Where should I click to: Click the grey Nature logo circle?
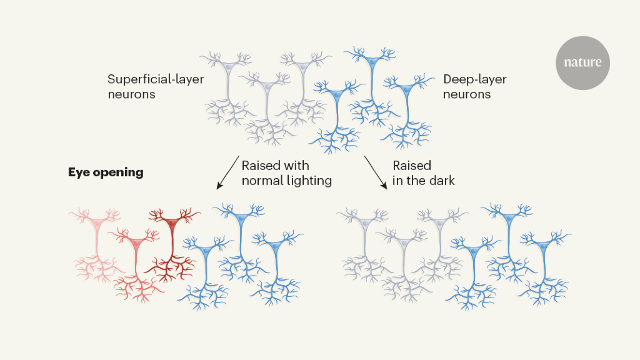click(582, 62)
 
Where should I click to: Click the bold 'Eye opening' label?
click(106, 172)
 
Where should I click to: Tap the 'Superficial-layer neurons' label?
click(155, 87)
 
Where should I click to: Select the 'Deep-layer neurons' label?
click(474, 87)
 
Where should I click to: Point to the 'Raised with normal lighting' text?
click(286, 173)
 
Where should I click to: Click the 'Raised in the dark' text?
click(423, 173)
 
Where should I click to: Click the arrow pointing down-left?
click(227, 172)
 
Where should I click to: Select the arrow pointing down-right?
click(375, 172)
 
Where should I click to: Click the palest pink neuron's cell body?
click(96, 222)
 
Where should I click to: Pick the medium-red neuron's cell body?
click(134, 241)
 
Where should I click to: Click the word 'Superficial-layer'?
click(155, 79)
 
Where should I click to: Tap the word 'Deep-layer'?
click(474, 79)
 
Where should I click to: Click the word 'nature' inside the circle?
click(582, 62)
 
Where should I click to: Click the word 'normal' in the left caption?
click(262, 181)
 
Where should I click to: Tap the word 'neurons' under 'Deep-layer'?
click(467, 94)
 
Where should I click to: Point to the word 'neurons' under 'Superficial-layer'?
click(131, 94)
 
